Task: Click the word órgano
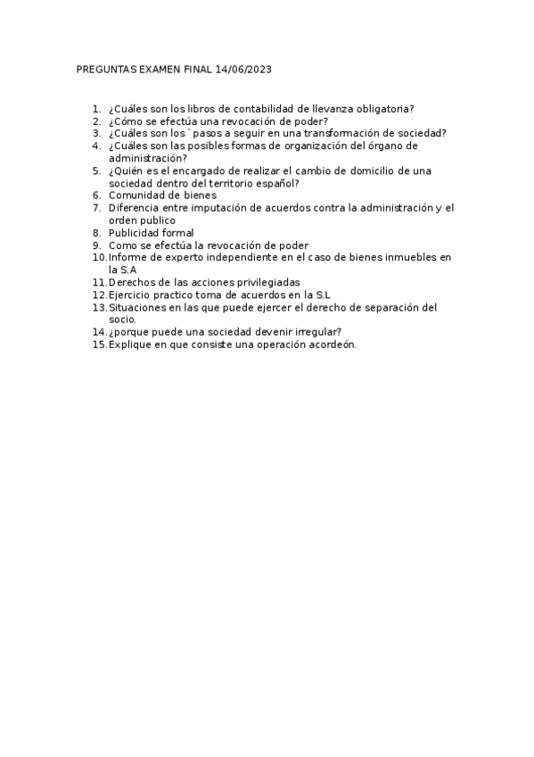tap(376, 146)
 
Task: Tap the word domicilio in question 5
tap(356, 171)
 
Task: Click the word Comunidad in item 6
tap(138, 195)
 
